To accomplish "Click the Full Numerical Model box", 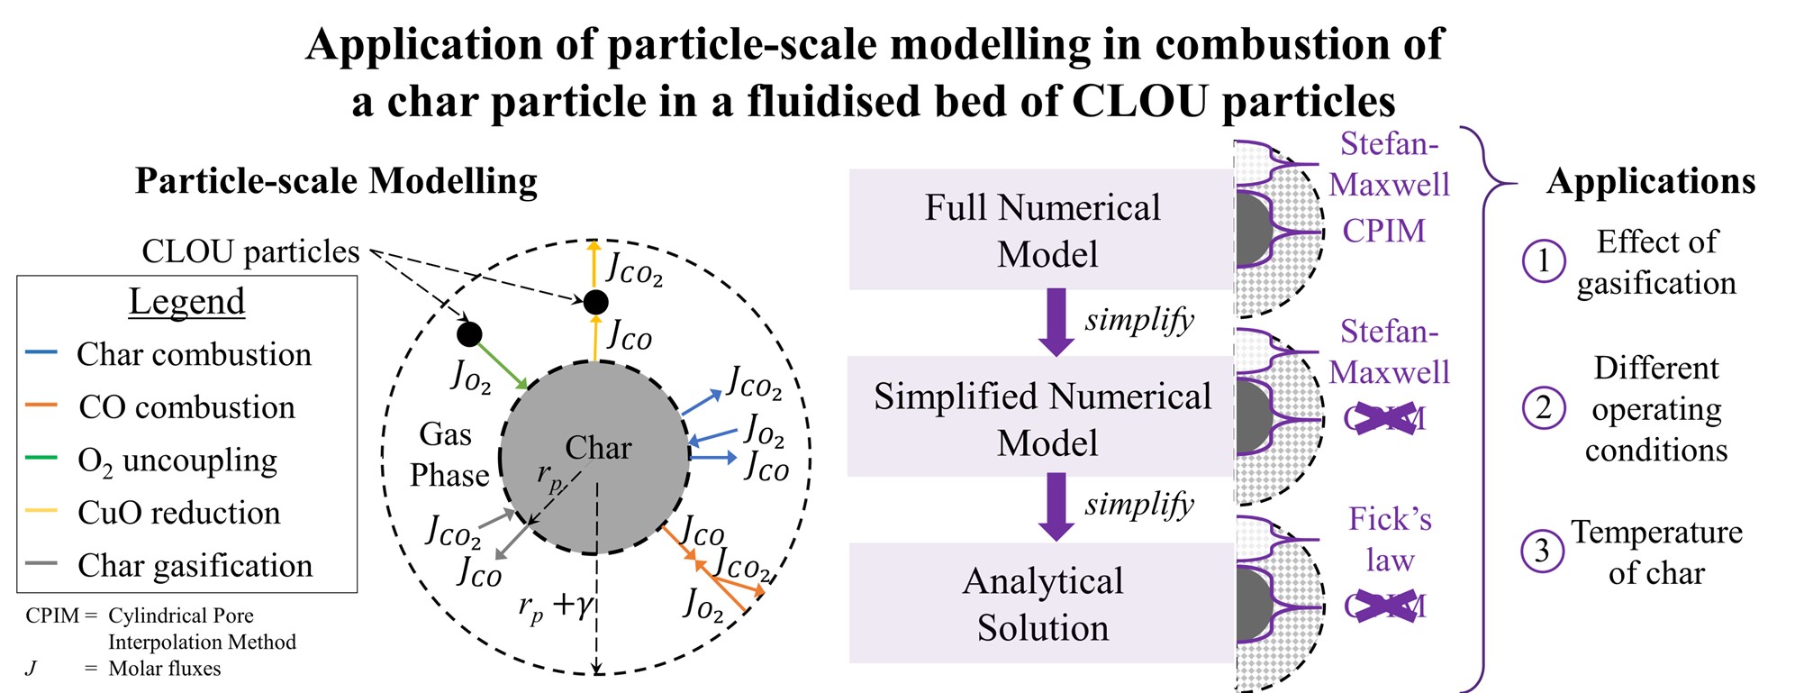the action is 1041,229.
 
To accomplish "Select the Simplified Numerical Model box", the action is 1041,416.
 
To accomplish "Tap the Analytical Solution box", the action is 1041,603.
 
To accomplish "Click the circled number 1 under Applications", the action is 1544,260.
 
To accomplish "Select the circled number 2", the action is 1544,407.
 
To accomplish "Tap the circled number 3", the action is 1542,550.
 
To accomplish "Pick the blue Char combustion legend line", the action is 42,352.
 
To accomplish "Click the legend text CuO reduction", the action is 179,513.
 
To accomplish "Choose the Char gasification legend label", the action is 195,566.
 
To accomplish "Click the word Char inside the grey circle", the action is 598,447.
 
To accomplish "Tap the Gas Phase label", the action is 449,454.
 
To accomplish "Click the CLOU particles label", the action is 250,251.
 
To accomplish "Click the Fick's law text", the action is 1390,539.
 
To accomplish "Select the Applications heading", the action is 1651,182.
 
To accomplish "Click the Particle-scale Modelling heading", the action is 336,181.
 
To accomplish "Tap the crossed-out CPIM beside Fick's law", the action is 1385,606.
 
